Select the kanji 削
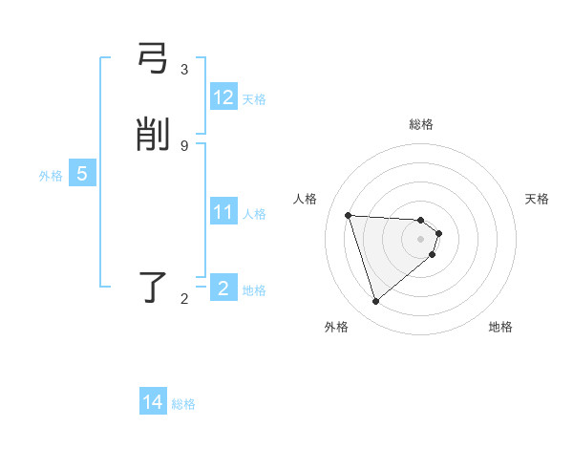[x=154, y=136]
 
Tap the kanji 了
[x=154, y=288]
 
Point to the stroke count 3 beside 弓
[x=184, y=70]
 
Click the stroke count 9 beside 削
[x=184, y=145]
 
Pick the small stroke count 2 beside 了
[x=184, y=299]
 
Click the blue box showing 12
[x=223, y=97]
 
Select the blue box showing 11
[x=223, y=212]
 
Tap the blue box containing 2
[x=223, y=288]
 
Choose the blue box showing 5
[x=82, y=175]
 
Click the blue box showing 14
[x=153, y=403]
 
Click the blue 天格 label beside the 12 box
[x=254, y=98]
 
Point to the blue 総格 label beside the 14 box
[x=183, y=404]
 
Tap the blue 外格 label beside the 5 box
[x=51, y=176]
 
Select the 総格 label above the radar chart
[x=421, y=124]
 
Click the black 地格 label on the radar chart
[x=500, y=327]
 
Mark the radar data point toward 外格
[x=375, y=302]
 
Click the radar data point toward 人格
[x=349, y=215]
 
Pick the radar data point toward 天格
[x=438, y=233]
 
